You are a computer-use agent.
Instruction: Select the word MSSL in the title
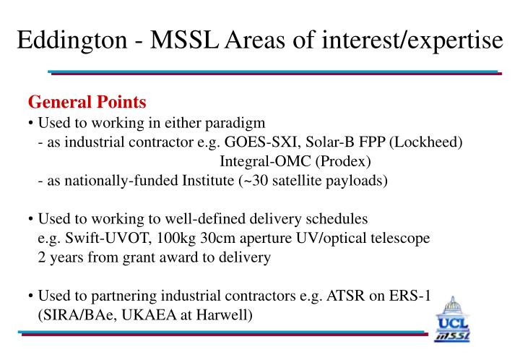point(199,39)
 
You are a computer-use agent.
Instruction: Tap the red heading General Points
point(87,102)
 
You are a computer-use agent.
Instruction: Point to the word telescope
point(402,237)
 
